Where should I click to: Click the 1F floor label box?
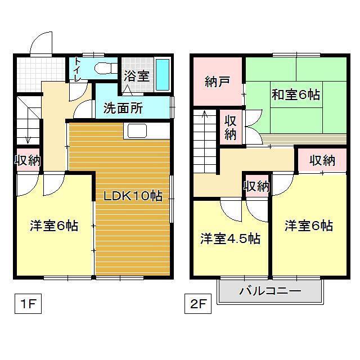coord(28,304)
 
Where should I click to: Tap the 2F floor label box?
coord(198,304)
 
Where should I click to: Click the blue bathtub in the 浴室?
coord(163,75)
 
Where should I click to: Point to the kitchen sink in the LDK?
coord(137,131)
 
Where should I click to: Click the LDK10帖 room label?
coord(133,196)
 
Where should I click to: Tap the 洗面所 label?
coord(123,108)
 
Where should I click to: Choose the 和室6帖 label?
coord(296,94)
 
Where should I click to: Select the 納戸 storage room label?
coord(217,82)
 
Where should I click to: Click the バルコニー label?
coord(270,291)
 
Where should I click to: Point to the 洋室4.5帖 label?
coord(230,238)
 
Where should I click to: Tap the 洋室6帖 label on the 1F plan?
coord(54,226)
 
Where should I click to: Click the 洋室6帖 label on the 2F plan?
coord(309,226)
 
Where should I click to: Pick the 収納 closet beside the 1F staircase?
coord(28,160)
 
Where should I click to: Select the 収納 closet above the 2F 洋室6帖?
coord(322,160)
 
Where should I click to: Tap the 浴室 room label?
coord(137,76)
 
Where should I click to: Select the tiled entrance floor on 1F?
coord(40,74)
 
